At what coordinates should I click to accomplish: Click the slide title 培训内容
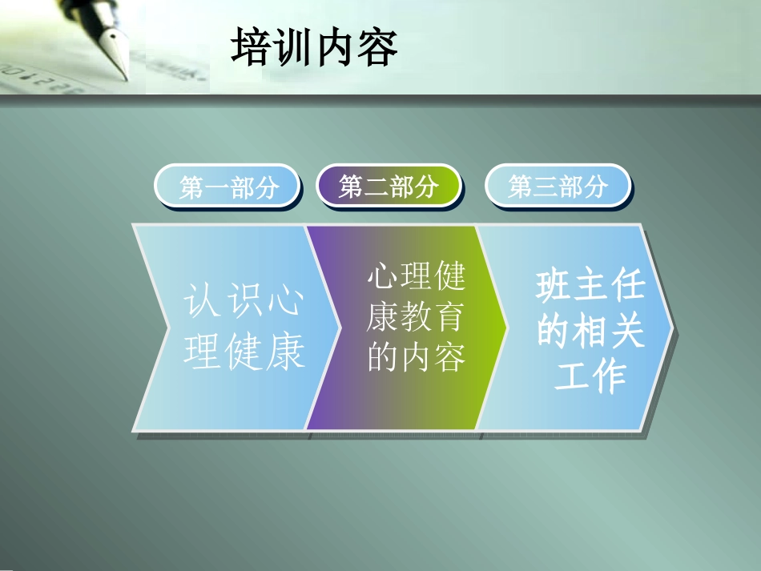(314, 47)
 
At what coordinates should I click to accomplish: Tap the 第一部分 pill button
(228, 187)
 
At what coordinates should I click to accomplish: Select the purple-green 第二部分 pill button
(389, 187)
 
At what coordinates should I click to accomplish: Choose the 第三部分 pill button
(558, 187)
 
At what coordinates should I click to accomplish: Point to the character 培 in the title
(251, 47)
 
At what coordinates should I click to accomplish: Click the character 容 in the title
(377, 47)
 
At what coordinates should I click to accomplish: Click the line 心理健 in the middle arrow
(416, 277)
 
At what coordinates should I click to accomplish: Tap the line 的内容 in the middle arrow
(416, 357)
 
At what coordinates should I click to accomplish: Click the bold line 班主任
(590, 286)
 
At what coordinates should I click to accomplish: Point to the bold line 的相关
(590, 331)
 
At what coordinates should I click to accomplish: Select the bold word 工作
(590, 376)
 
